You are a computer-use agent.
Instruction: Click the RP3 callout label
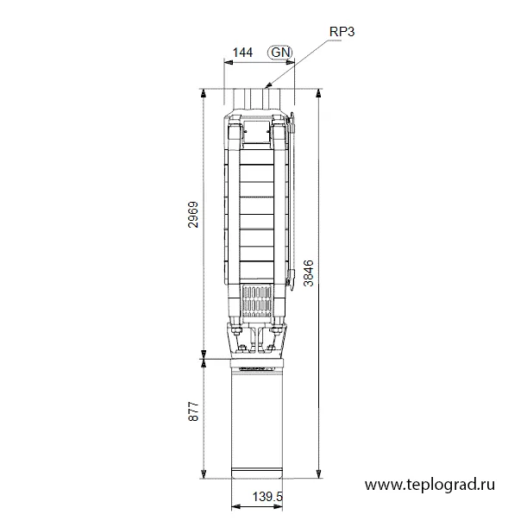342,32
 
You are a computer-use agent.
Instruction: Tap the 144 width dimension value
242,53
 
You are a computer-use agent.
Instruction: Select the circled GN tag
280,53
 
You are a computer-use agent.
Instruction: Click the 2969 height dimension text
193,215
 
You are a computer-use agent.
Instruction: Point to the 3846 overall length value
308,273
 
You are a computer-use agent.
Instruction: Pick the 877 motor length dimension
193,411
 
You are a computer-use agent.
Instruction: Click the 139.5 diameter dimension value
267,497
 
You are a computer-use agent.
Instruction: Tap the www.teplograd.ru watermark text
430,485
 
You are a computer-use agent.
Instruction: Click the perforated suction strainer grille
257,302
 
